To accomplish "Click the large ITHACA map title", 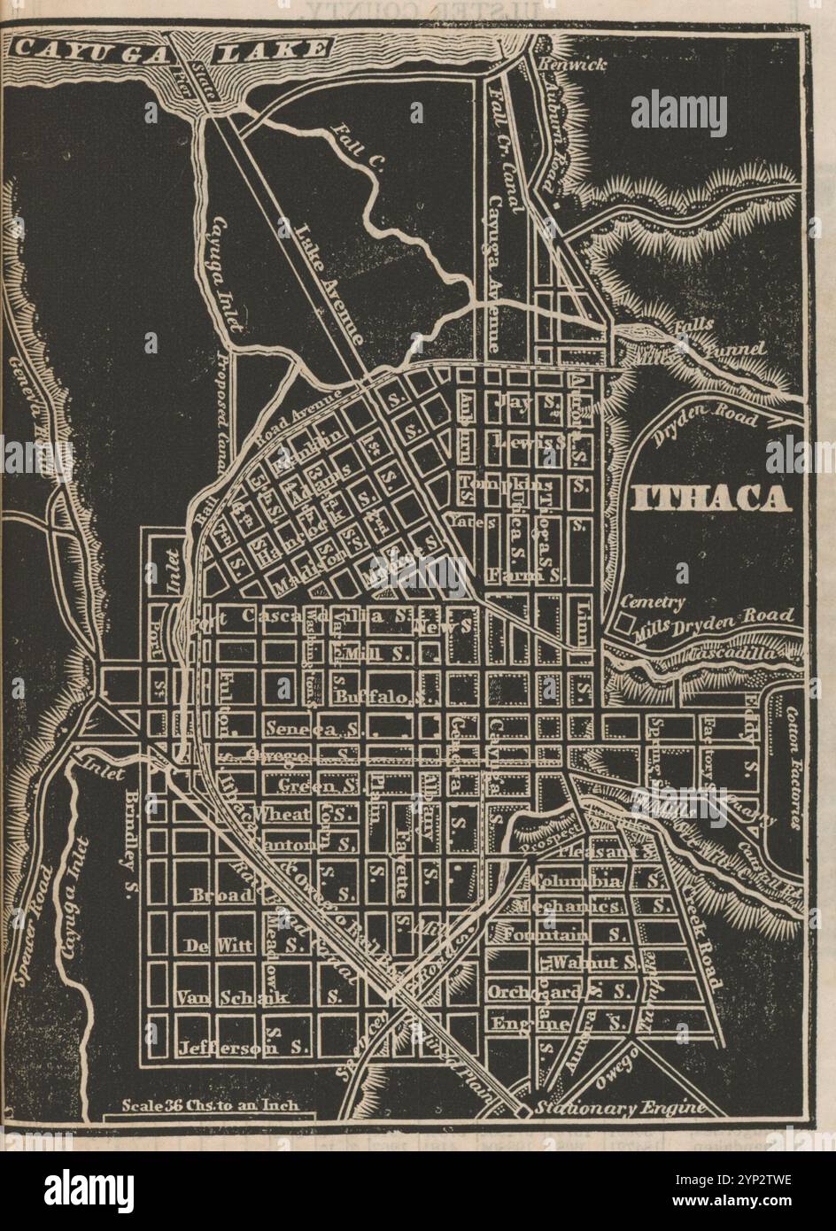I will click(x=711, y=499).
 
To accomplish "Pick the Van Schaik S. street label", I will click(x=257, y=997).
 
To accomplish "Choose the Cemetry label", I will click(x=654, y=603).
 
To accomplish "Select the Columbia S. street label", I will click(x=598, y=882).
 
